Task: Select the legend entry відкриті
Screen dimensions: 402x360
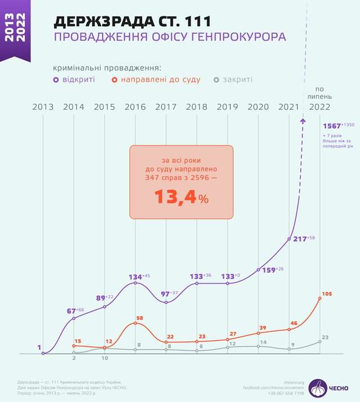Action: tap(75, 79)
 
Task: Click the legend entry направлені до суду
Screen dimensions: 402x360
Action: tap(156, 79)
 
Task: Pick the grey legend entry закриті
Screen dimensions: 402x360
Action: tap(234, 79)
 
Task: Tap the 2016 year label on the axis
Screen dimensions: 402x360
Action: tap(136, 107)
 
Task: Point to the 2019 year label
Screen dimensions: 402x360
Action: tap(227, 107)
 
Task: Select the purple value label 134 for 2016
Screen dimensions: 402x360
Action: tap(136, 277)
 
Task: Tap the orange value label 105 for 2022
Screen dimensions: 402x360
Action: tap(327, 293)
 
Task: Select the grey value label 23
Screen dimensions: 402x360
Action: tap(325, 337)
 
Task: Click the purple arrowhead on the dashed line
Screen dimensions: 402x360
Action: tap(303, 120)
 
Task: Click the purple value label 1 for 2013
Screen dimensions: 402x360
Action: tap(40, 347)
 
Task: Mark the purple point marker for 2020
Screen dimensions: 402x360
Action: tap(258, 270)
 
